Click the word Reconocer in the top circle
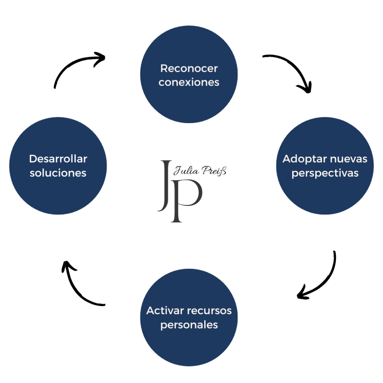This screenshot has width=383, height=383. tap(189, 68)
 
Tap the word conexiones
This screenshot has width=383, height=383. tap(189, 82)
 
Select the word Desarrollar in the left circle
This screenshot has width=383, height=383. tap(58, 159)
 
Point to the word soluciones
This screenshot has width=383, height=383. tap(58, 173)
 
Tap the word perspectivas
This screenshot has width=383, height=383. tap(325, 174)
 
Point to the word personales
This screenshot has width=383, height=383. tap(189, 325)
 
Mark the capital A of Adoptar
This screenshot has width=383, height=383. tap(287, 159)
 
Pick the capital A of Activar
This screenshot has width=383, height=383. tap(150, 310)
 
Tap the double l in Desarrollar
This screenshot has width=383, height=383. tap(74, 159)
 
